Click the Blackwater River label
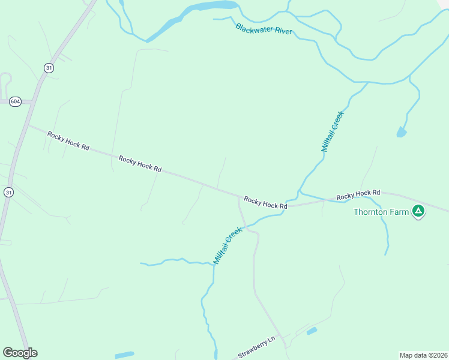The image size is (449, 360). (264, 28)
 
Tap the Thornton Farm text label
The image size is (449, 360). (381, 212)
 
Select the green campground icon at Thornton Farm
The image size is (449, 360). (418, 211)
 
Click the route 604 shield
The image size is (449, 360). (16, 102)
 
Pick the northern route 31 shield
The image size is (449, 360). (49, 68)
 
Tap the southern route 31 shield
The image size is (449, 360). (8, 192)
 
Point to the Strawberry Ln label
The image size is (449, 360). (256, 347)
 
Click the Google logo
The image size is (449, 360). (20, 353)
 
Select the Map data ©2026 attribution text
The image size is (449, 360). (423, 355)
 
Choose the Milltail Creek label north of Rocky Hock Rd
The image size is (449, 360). (331, 131)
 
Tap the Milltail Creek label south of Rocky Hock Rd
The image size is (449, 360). (228, 245)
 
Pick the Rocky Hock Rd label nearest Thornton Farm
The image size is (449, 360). (358, 195)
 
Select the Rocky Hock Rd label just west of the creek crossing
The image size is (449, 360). (265, 202)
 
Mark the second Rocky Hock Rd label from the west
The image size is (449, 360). (140, 164)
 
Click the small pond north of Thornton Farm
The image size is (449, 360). (402, 132)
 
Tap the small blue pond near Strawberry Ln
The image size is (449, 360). (311, 331)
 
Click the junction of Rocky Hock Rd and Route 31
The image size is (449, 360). (28, 125)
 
